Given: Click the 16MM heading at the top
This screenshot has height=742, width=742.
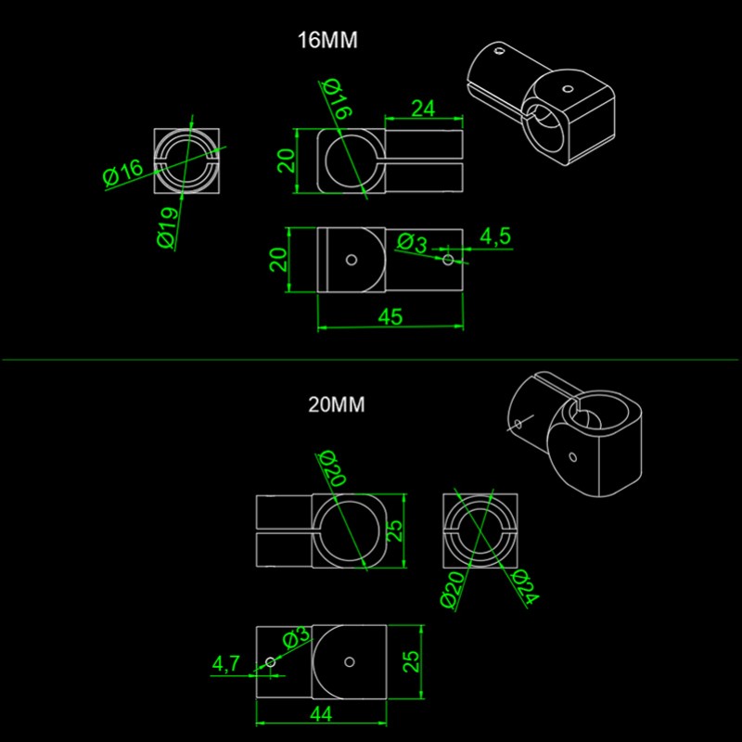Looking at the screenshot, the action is pos(327,40).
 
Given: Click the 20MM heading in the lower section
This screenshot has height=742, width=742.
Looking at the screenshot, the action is pos(337,404).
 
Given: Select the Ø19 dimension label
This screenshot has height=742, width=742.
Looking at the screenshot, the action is pos(168,228).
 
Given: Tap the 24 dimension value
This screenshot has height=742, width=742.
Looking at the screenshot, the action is pos(423,109).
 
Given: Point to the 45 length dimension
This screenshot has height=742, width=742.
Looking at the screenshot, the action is pos(390,316).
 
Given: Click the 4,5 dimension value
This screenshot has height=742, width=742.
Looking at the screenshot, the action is pos(495,237).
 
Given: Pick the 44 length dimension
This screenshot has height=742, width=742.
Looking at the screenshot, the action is pos(321,713).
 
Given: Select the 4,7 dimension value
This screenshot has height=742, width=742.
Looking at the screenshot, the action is pos(226,663).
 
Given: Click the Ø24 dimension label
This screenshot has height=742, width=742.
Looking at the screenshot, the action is pos(525,587).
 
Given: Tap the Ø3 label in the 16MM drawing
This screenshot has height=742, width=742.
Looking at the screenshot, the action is pos(412,243).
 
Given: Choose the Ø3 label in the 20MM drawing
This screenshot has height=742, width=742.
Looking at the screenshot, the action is pos(297,637).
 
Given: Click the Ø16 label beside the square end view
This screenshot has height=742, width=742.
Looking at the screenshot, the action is pos(122,173).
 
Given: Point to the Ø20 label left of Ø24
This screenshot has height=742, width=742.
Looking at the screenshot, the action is pos(453,590).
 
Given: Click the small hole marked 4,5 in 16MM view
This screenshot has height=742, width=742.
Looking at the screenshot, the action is pos(448,260).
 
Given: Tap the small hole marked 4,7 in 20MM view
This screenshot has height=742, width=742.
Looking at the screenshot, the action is pos(270,662).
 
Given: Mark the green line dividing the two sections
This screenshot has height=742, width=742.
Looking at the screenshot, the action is pos(370,360).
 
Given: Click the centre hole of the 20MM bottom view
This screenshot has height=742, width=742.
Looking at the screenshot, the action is pos(350,662).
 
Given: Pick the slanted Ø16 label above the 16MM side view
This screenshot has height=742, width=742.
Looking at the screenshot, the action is pos(337,99).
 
